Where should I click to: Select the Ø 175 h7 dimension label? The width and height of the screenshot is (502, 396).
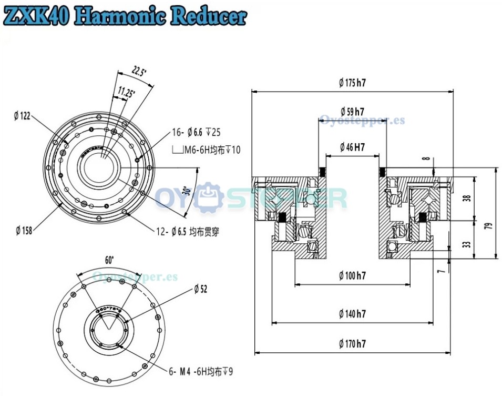(352, 82)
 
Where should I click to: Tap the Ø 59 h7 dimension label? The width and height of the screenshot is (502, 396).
(352, 112)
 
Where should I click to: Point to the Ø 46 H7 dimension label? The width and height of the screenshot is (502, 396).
(352, 147)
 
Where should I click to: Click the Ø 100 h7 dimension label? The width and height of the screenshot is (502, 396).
(352, 275)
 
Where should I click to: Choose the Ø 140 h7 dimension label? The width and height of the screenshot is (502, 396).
(352, 314)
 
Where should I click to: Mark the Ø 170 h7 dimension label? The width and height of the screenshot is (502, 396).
(352, 344)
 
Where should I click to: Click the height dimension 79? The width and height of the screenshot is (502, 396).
(488, 226)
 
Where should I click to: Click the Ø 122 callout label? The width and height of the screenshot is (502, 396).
(22, 116)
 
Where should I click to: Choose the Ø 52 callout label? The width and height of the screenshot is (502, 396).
(201, 289)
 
